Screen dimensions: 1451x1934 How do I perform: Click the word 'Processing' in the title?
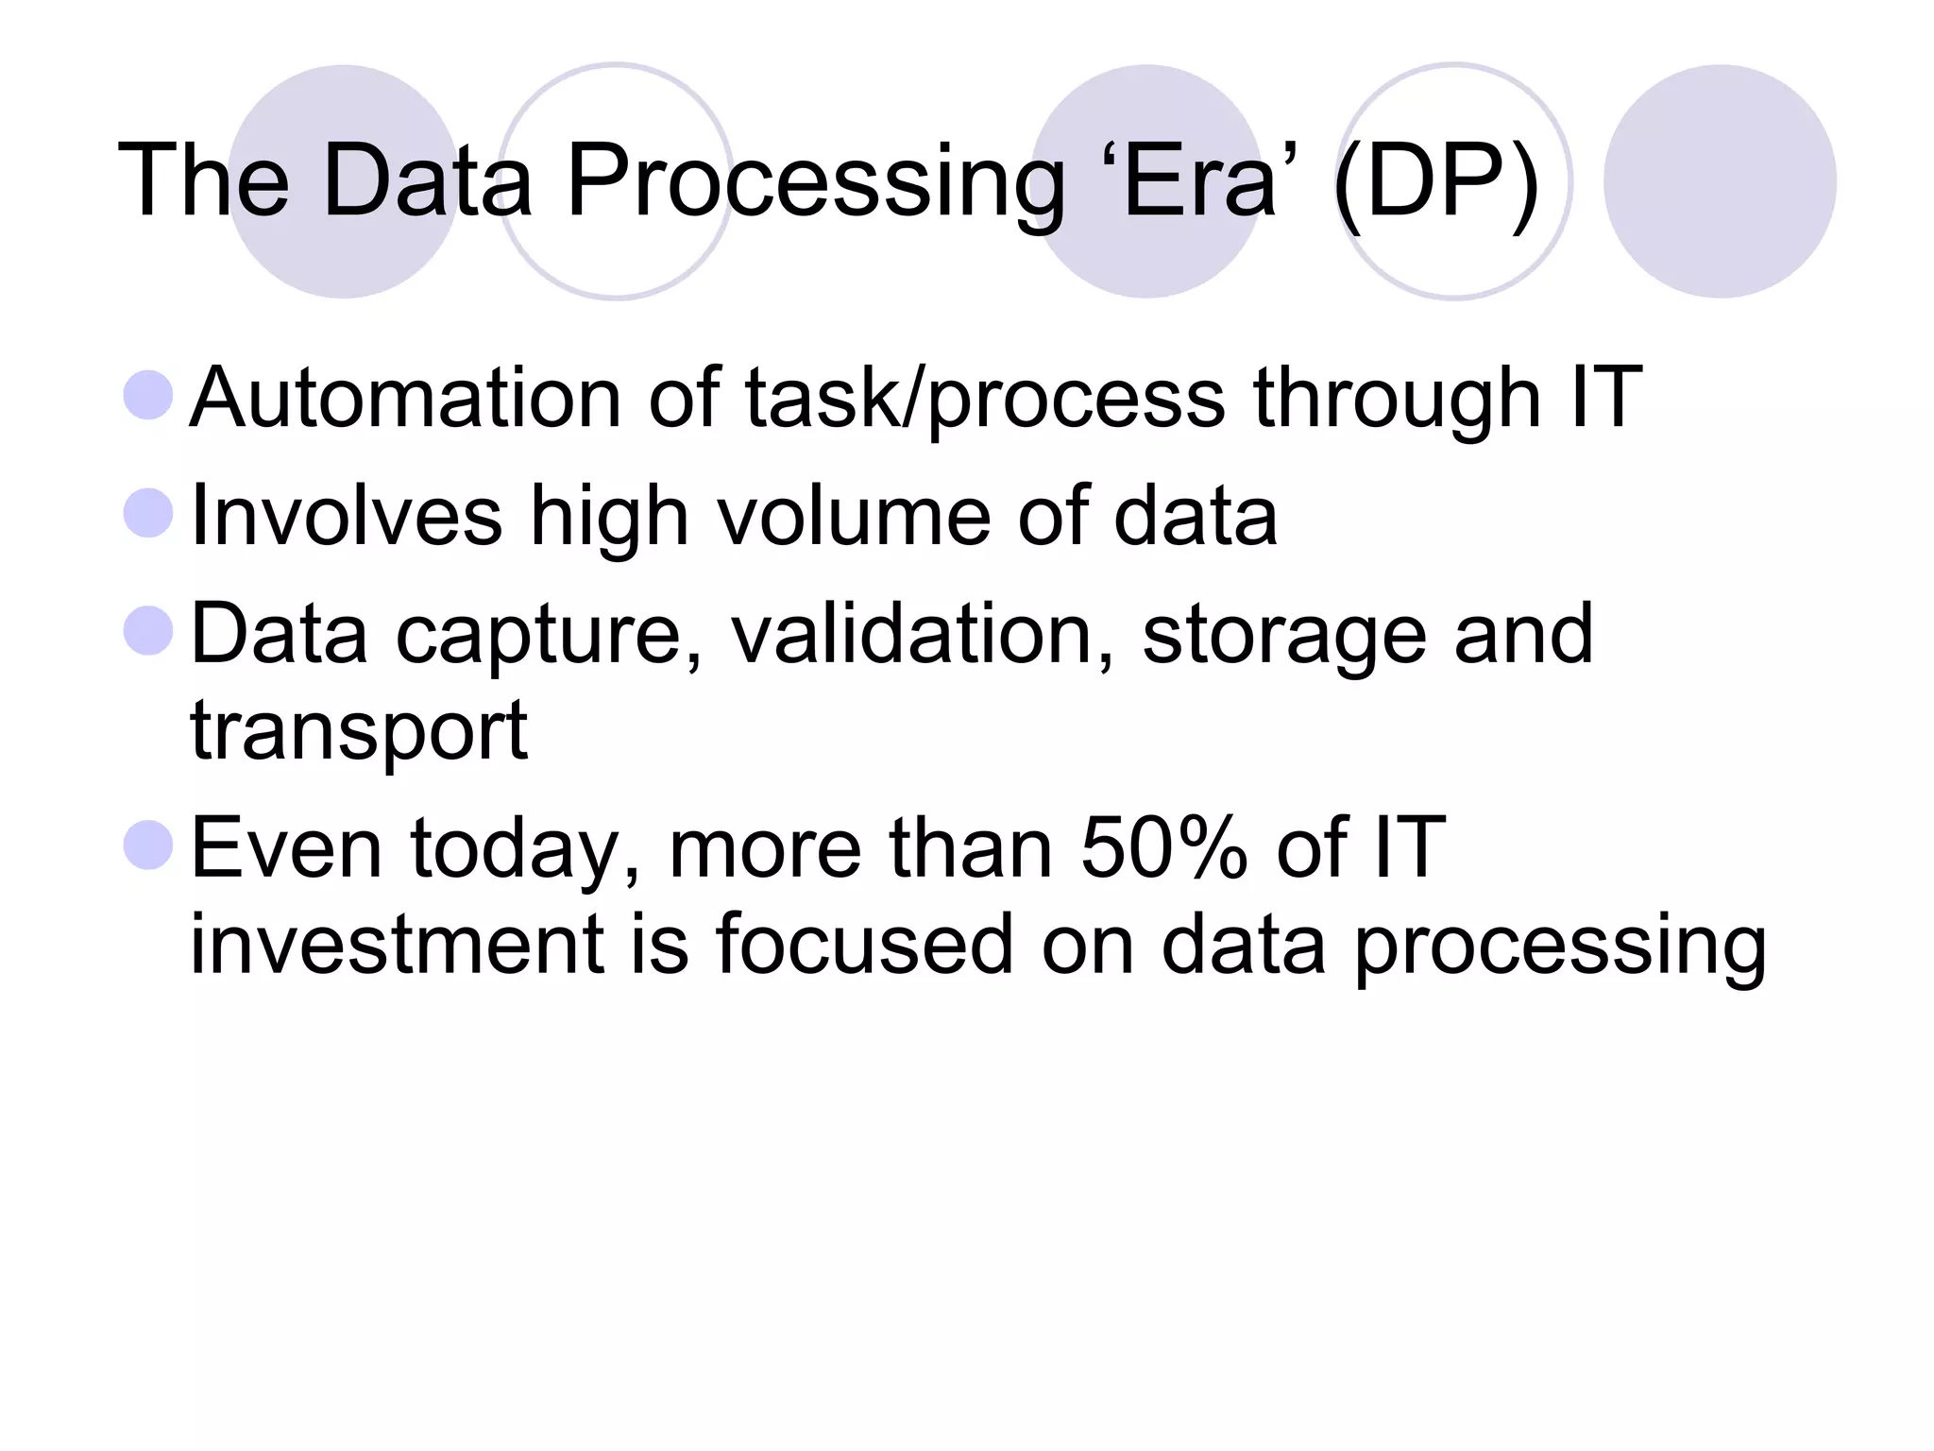(x=815, y=181)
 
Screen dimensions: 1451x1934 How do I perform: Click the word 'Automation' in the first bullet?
(x=405, y=398)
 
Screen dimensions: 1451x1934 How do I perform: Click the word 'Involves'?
(x=346, y=516)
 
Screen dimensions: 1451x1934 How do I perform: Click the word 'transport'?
(x=359, y=732)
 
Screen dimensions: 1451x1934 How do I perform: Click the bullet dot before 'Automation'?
(x=148, y=395)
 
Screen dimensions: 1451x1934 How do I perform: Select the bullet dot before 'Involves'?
(x=148, y=513)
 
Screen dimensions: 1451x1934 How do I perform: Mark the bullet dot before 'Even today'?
(x=148, y=845)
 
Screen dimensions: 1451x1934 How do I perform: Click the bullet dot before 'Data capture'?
(x=148, y=631)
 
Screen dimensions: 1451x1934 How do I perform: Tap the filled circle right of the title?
(x=1720, y=181)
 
